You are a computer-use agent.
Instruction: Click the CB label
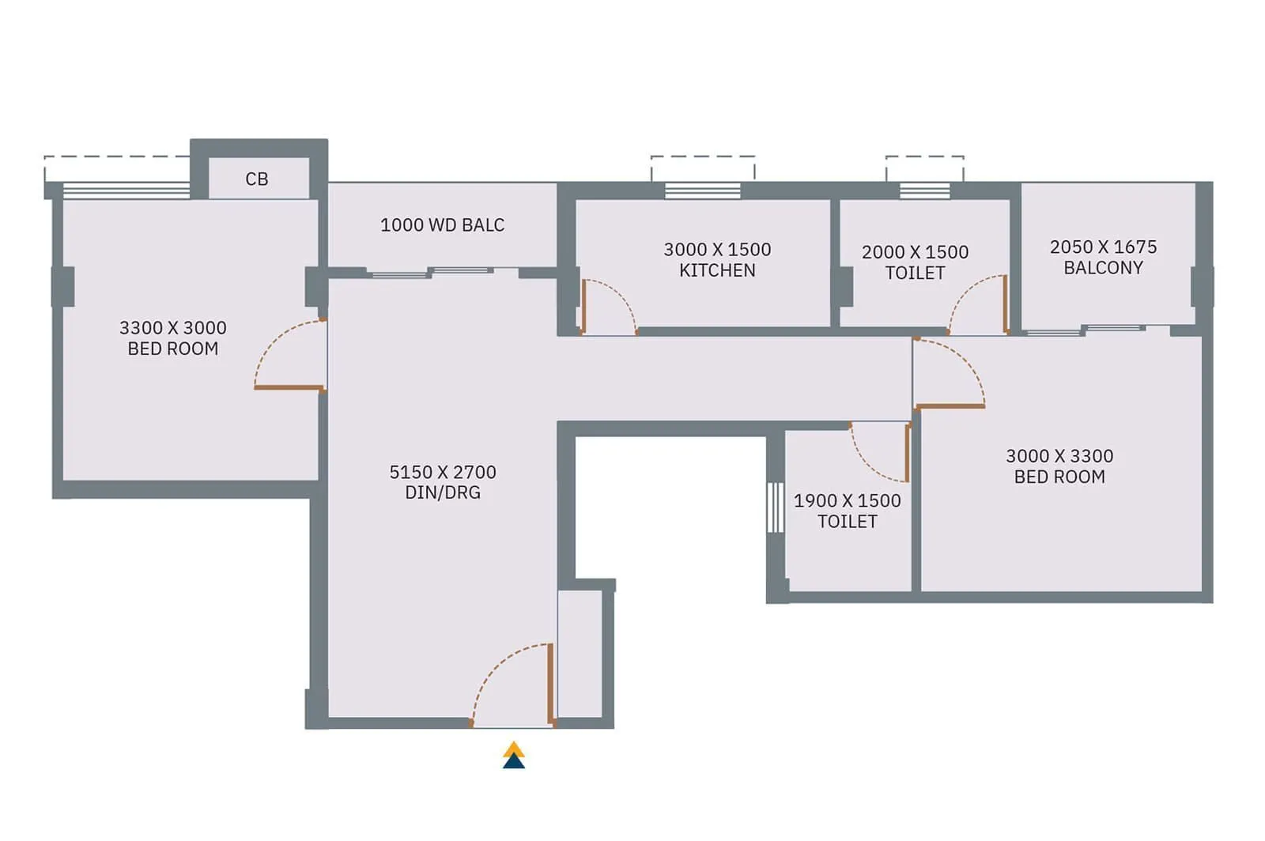(x=257, y=179)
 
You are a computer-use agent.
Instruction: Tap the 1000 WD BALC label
(x=442, y=225)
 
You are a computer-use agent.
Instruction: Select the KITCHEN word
(x=717, y=270)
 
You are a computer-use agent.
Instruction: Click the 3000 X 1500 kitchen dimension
(x=717, y=250)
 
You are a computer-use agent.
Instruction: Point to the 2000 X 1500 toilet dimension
(x=915, y=252)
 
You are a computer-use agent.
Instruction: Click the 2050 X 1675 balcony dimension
(x=1103, y=247)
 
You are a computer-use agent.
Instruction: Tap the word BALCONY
(x=1103, y=268)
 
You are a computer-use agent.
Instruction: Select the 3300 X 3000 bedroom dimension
(x=173, y=328)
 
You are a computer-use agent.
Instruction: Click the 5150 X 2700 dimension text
(x=443, y=473)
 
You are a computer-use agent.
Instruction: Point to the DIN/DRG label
(x=443, y=492)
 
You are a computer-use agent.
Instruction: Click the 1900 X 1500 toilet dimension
(x=847, y=501)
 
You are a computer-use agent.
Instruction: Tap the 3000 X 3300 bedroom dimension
(x=1059, y=456)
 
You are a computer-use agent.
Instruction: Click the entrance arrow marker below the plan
(x=514, y=756)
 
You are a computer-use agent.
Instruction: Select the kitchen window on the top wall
(x=702, y=190)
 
